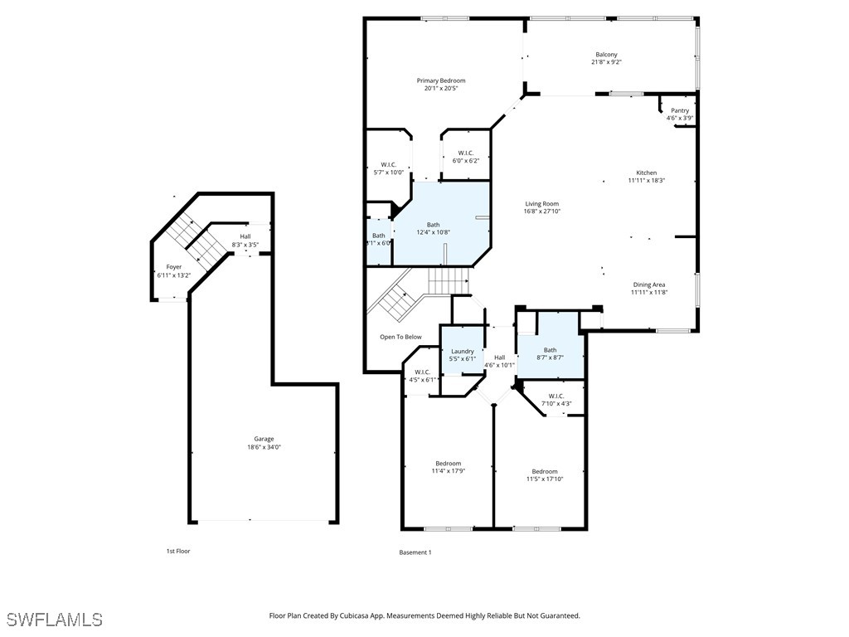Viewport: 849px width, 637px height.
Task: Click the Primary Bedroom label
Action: tap(440, 80)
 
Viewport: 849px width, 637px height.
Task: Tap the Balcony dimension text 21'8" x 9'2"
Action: tap(606, 62)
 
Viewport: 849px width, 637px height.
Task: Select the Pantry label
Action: tap(680, 110)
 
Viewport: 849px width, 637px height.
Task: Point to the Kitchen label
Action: tap(646, 173)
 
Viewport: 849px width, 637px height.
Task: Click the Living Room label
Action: tap(542, 204)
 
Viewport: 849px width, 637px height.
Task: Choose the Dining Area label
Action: tap(649, 284)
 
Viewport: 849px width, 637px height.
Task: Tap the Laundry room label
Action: tap(462, 351)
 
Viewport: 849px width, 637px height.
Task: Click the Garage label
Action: tap(264, 439)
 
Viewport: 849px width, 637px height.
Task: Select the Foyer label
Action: tap(173, 267)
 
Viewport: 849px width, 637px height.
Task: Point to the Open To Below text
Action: tap(400, 337)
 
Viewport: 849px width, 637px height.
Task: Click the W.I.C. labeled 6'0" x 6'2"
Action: tap(465, 153)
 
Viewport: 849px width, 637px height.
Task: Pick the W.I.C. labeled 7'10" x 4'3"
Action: tap(555, 396)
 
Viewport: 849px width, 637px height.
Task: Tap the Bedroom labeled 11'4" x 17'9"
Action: tap(448, 463)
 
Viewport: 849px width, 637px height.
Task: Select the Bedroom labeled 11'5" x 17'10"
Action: tap(545, 471)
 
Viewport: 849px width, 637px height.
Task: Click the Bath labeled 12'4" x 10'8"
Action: tap(434, 224)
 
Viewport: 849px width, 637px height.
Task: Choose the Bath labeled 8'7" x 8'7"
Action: tap(550, 350)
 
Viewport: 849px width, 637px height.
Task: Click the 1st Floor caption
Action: tap(177, 551)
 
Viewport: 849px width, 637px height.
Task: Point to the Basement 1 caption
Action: tap(415, 552)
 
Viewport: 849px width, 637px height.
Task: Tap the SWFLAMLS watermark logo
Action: tap(55, 620)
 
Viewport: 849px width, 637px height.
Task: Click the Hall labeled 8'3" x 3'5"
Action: tap(245, 236)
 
